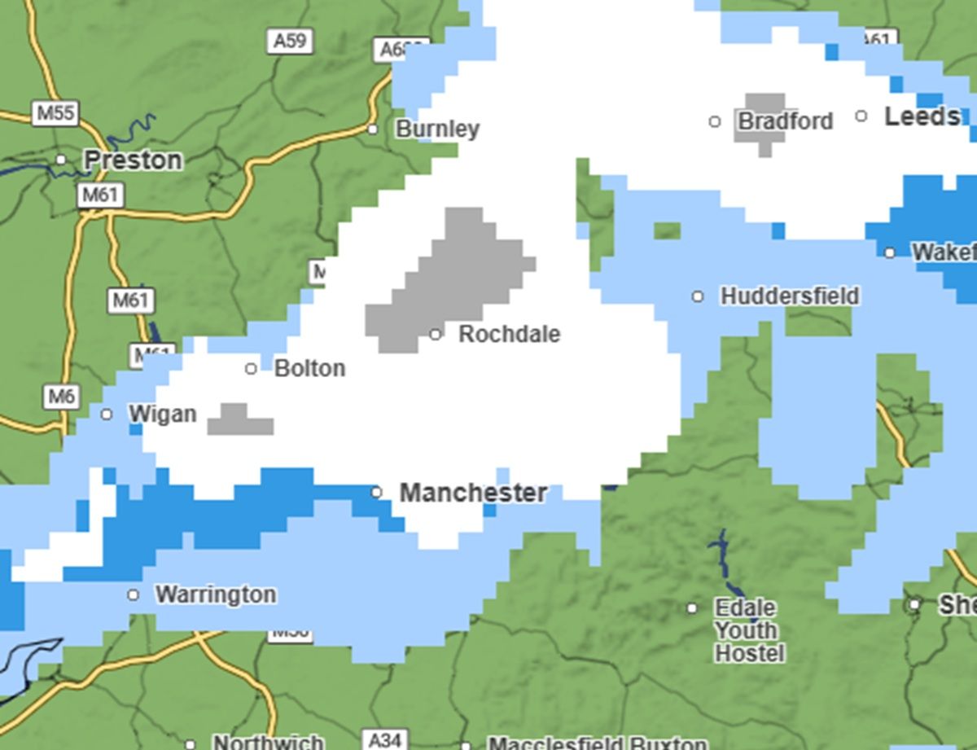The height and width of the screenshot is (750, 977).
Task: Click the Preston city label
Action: (133, 160)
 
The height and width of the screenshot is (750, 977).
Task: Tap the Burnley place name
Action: (437, 129)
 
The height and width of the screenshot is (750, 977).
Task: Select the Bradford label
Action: (785, 121)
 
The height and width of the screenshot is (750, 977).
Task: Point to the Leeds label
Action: (921, 116)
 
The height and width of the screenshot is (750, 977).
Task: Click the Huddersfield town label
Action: (789, 296)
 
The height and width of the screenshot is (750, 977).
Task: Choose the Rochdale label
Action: (509, 334)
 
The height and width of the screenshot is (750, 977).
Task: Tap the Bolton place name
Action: (309, 368)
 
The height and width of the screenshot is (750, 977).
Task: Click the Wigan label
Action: (162, 414)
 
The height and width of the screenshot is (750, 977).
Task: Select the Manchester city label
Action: (473, 493)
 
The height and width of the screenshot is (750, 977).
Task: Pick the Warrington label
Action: (215, 594)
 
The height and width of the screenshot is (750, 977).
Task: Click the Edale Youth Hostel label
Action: (748, 630)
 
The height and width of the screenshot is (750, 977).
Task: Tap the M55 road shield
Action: (56, 112)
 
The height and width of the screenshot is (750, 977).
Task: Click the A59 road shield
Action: (290, 41)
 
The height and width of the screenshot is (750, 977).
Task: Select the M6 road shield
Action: (62, 397)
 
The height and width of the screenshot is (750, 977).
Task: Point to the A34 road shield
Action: (383, 740)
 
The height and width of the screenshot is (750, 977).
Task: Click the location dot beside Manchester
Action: (376, 492)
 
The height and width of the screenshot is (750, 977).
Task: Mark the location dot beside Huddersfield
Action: (698, 296)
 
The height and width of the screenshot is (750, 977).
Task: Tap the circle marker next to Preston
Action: (61, 159)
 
